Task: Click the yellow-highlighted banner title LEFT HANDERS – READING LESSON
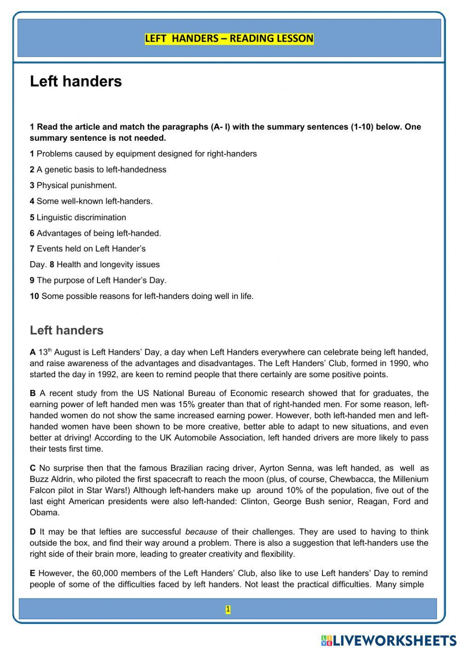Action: click(x=229, y=39)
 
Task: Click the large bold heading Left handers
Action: click(x=76, y=81)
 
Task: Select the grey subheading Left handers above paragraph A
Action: click(x=67, y=330)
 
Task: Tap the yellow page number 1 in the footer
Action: click(x=228, y=610)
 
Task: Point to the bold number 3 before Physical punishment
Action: click(x=32, y=185)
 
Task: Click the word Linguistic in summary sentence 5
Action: click(x=54, y=217)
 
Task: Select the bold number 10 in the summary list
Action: click(x=34, y=296)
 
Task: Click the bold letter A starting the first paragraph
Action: click(x=33, y=352)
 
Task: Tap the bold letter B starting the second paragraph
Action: click(x=33, y=393)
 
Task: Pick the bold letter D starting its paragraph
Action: click(x=33, y=532)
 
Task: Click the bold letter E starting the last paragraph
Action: click(x=33, y=573)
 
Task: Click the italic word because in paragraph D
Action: click(x=201, y=532)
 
